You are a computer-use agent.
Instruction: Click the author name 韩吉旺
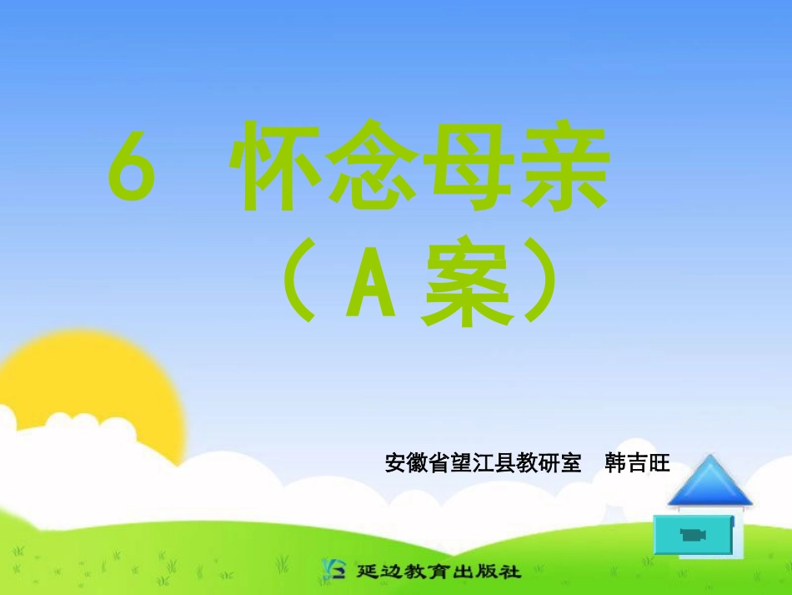pyautogui.click(x=637, y=463)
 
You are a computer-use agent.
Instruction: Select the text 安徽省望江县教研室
pyautogui.click(x=483, y=463)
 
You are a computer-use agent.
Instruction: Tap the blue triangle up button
pyautogui.click(x=709, y=483)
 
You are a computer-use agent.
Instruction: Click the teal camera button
pyautogui.click(x=693, y=535)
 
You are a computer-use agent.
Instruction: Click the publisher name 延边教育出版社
pyautogui.click(x=438, y=572)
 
